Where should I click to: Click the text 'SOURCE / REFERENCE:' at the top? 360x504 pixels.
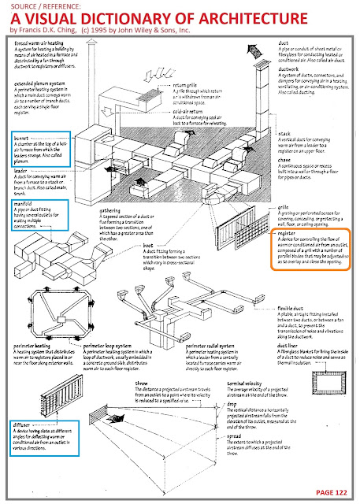39,6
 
